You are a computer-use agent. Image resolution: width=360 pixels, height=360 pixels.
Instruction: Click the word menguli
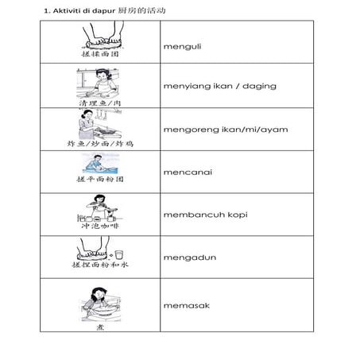click(182, 46)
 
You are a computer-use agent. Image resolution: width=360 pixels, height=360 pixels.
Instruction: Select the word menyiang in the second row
click(185, 86)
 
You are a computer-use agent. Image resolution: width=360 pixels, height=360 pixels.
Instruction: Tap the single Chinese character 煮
click(98, 324)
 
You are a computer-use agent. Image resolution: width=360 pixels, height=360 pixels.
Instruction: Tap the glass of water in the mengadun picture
click(118, 254)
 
